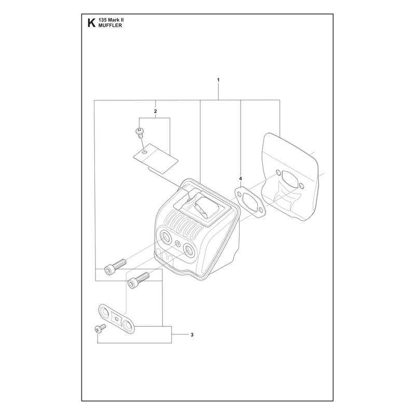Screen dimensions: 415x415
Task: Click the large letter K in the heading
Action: (x=91, y=23)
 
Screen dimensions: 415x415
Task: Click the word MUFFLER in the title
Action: (x=110, y=25)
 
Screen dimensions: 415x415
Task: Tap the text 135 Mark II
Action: (x=111, y=20)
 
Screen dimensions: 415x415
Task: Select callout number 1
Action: (x=218, y=80)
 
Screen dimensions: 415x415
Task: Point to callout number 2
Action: (x=155, y=111)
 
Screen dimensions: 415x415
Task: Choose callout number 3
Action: (x=192, y=335)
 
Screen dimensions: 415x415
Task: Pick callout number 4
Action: (x=240, y=178)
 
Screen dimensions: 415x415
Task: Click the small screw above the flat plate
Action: (x=139, y=132)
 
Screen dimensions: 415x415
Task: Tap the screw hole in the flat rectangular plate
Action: (x=145, y=153)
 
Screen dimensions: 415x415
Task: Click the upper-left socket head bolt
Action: (x=115, y=267)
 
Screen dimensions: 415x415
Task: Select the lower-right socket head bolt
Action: (x=139, y=280)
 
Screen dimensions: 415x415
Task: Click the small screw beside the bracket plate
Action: (x=100, y=328)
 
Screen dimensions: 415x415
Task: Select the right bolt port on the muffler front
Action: (x=189, y=250)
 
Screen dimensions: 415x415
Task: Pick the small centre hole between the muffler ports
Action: (x=177, y=242)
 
